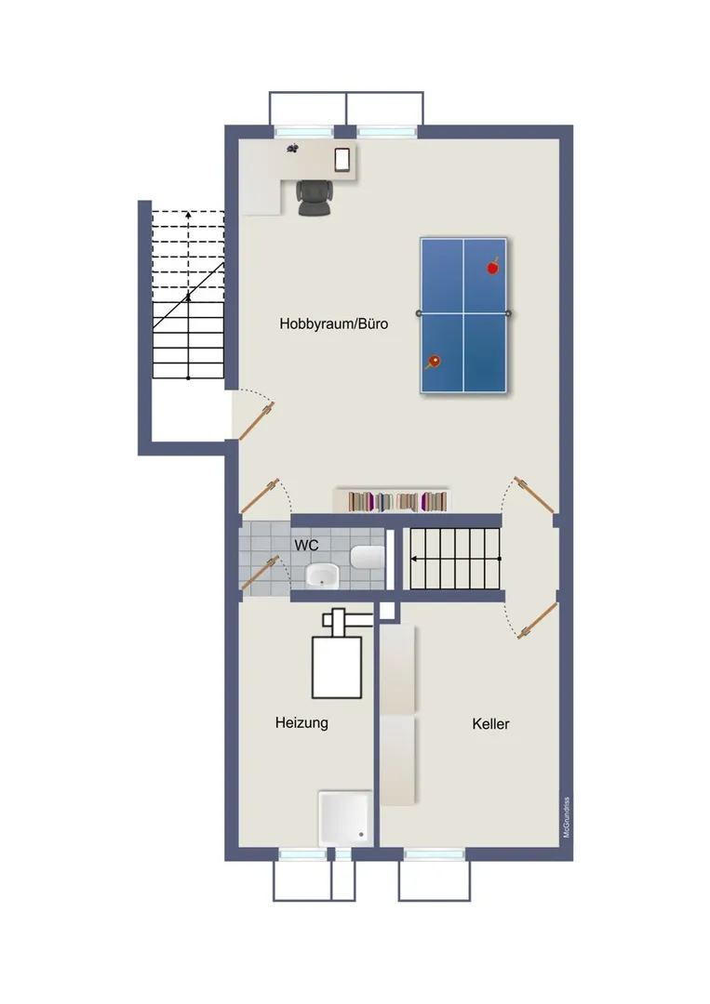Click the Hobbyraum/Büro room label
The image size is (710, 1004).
pyautogui.click(x=333, y=324)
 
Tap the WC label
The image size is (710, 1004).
pyautogui.click(x=306, y=546)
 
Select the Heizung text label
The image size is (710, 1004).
pyautogui.click(x=301, y=723)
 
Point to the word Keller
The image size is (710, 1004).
pyautogui.click(x=490, y=723)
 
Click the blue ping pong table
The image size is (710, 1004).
pyautogui.click(x=463, y=315)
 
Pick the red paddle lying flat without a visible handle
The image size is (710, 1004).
pyautogui.click(x=492, y=267)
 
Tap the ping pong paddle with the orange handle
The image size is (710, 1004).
pyautogui.click(x=433, y=363)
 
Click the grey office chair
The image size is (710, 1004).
pyautogui.click(x=314, y=197)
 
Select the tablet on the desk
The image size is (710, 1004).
pyautogui.click(x=342, y=160)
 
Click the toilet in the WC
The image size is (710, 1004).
pyautogui.click(x=368, y=557)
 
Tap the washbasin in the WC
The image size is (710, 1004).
pyautogui.click(x=322, y=575)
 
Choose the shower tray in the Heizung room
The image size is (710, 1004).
pyautogui.click(x=344, y=819)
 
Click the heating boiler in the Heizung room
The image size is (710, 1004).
pyautogui.click(x=337, y=667)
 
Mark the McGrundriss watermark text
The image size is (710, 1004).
pyautogui.click(x=566, y=818)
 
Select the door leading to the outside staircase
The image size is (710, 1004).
pyautogui.click(x=256, y=421)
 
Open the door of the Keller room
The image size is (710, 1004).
pyautogui.click(x=537, y=620)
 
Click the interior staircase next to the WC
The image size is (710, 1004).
pyautogui.click(x=455, y=559)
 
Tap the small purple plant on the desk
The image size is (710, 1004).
pyautogui.click(x=293, y=149)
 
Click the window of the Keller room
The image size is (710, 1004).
pyautogui.click(x=435, y=854)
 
